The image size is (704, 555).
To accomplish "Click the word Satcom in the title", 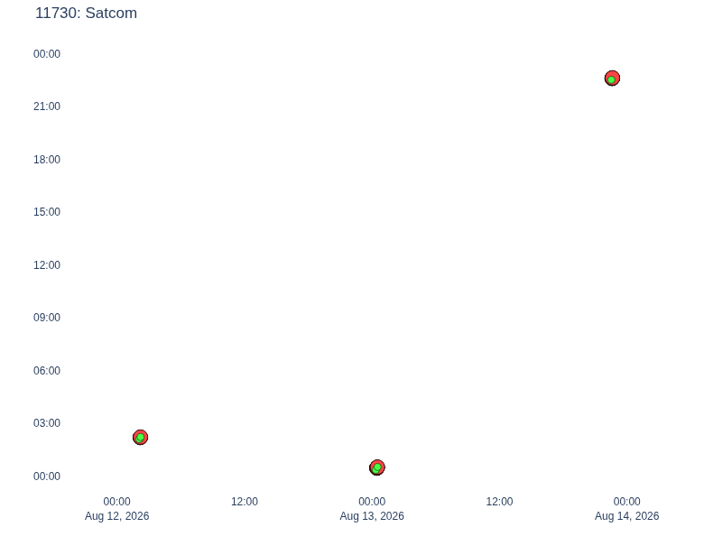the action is [111, 13].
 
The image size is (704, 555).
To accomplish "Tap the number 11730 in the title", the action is [58, 13].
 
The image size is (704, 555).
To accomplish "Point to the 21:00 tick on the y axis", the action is [47, 106].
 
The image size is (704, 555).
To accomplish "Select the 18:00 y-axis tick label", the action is [47, 160].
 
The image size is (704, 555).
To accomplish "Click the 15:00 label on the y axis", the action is [47, 212].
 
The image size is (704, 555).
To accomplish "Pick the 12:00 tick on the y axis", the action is [47, 265].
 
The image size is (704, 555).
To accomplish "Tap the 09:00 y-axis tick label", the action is [47, 318].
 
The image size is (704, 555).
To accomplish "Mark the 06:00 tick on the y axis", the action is [47, 370].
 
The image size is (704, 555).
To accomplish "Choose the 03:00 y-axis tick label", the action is [47, 423].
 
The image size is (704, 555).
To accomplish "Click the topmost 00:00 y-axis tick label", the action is [47, 54].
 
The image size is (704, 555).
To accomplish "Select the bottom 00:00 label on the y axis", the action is [47, 476].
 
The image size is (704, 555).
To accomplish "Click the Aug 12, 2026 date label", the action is [116, 516].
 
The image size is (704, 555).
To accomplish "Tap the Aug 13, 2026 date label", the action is [372, 516].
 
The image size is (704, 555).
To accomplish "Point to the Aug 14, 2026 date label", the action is [626, 516].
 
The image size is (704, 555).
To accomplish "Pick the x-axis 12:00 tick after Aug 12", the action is [245, 502].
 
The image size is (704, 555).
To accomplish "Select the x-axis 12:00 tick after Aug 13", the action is [499, 502].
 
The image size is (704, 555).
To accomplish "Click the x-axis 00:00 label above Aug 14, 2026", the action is [626, 502].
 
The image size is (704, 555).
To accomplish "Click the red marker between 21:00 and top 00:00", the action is [613, 79].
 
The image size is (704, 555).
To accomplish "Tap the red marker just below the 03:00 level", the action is [141, 437].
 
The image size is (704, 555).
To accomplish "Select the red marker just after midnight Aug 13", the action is [377, 467].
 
